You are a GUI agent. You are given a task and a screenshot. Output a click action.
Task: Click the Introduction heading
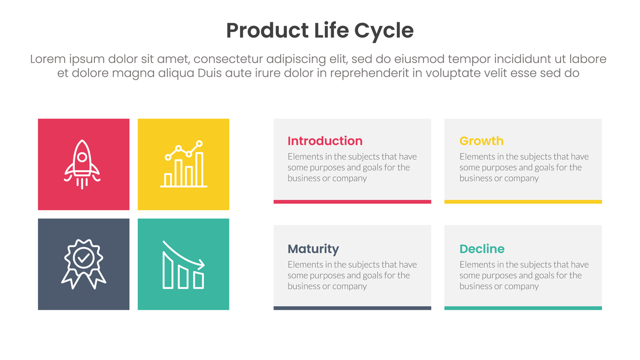click(325, 141)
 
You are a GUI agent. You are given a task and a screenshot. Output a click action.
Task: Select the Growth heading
click(482, 141)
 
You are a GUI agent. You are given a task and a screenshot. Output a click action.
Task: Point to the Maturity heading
click(313, 249)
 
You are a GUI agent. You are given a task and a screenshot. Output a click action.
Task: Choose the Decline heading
click(482, 249)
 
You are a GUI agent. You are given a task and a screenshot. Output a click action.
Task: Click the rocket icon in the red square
click(82, 164)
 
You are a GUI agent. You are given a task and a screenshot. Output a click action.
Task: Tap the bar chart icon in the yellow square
click(183, 164)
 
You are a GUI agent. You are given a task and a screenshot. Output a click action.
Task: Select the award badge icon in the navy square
click(83, 264)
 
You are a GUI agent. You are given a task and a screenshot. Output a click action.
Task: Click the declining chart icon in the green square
click(183, 265)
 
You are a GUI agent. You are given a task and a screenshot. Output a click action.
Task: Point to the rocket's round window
click(82, 157)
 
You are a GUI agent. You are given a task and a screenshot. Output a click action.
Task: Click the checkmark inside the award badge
click(83, 258)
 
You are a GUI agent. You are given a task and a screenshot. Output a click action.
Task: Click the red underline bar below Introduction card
click(353, 202)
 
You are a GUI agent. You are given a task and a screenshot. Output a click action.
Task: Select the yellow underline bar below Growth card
click(523, 202)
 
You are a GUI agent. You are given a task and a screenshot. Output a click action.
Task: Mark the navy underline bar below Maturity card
click(353, 308)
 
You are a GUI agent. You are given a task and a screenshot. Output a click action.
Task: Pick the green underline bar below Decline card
click(523, 308)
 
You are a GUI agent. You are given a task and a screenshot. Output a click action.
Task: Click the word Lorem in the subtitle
click(48, 59)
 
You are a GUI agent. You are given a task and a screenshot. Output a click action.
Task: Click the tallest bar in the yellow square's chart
click(199, 169)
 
